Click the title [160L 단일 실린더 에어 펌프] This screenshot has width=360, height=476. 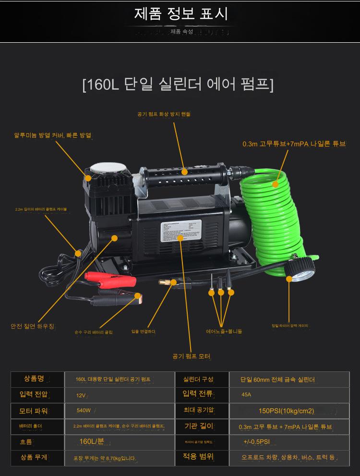(x=178, y=84)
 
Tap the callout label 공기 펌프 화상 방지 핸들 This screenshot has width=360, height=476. (x=164, y=114)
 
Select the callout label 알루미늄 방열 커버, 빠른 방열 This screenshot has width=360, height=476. (x=52, y=136)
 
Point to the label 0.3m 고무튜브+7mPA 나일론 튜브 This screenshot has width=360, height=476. (x=294, y=143)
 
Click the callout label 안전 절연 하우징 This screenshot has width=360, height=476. (x=33, y=326)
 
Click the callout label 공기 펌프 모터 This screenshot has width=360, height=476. (x=192, y=356)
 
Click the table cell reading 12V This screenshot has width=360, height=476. (x=81, y=395)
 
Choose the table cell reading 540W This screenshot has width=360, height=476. (x=84, y=411)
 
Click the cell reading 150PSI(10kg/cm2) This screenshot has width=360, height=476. (x=286, y=411)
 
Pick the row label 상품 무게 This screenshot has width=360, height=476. (x=34, y=457)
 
